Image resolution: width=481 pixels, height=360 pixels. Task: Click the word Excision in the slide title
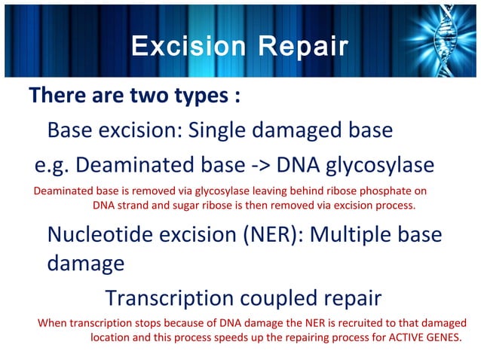point(185,46)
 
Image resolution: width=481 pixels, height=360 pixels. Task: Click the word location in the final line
point(112,337)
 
